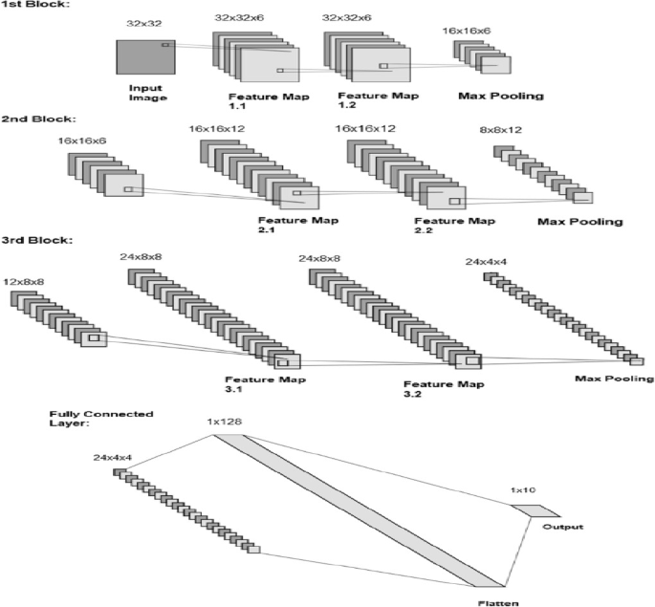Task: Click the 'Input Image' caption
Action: click(x=145, y=93)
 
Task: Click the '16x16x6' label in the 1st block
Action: click(x=466, y=32)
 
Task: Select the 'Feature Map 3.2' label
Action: click(x=443, y=389)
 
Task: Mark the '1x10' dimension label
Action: click(x=523, y=490)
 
